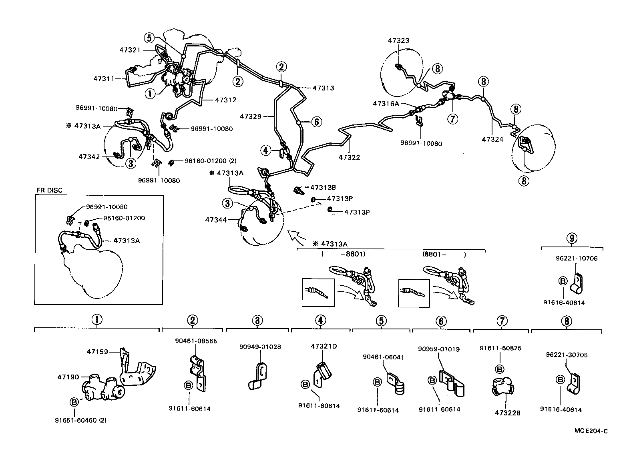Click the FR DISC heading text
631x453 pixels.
(49, 190)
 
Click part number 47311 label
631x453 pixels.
(104, 79)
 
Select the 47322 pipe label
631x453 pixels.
(349, 157)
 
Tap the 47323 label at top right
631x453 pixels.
(398, 40)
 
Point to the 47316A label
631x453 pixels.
(386, 103)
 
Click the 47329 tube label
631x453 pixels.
(251, 116)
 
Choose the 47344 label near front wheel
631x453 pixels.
(216, 220)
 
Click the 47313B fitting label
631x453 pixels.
(323, 187)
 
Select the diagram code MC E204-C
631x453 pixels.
(591, 431)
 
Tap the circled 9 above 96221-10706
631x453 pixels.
(572, 239)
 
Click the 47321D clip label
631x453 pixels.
(324, 346)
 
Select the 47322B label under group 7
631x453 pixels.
(507, 413)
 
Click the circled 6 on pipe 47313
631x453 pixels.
(316, 122)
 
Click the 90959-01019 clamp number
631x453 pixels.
(439, 349)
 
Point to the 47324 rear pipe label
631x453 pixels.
(492, 139)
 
